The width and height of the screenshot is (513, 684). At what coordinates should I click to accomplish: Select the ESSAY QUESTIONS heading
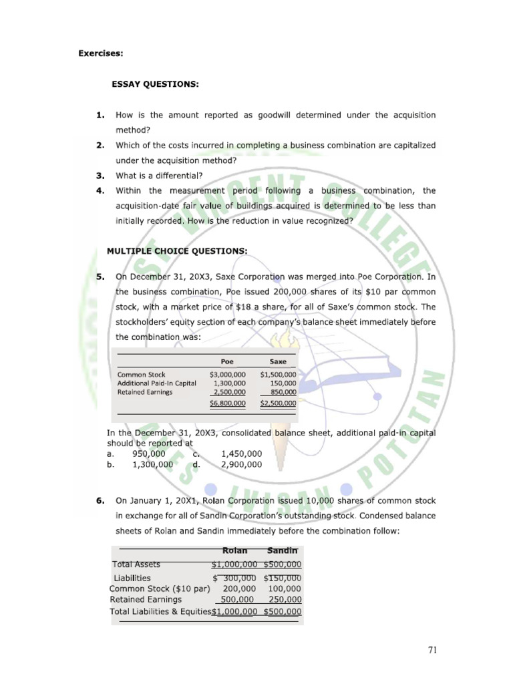(x=154, y=85)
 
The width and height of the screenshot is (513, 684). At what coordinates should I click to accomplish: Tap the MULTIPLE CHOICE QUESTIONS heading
(x=177, y=250)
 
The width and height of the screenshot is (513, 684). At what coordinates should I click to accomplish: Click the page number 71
(x=429, y=649)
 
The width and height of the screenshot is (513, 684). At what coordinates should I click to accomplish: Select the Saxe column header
(x=277, y=361)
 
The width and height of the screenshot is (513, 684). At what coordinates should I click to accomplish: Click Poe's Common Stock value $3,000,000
(x=227, y=375)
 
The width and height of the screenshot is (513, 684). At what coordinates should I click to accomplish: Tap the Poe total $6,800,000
(x=227, y=403)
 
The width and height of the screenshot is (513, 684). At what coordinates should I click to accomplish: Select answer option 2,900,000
(x=241, y=464)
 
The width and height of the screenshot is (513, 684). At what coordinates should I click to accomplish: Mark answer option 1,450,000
(x=241, y=454)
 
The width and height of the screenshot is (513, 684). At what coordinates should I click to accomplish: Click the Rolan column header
(x=234, y=550)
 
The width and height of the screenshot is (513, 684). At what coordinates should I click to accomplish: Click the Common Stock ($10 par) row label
(x=160, y=588)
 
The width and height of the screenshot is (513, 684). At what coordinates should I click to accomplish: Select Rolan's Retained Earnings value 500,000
(x=238, y=599)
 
